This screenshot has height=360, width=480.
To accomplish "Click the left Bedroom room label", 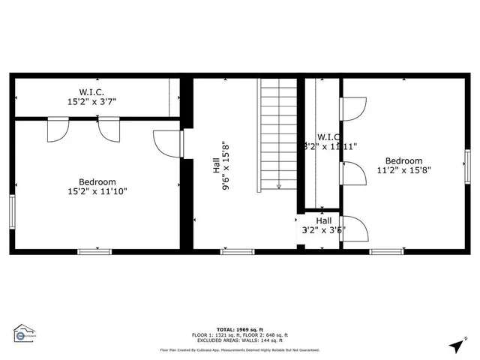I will pos(97,181).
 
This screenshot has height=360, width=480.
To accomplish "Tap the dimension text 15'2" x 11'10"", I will pos(97,191).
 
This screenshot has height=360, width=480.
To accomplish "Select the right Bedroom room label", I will pos(403,160).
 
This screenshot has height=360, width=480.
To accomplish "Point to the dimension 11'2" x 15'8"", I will pos(403,170).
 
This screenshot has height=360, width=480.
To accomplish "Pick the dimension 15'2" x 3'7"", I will pos(92,101).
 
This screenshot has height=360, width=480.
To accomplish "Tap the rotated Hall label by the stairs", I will pos(216,168).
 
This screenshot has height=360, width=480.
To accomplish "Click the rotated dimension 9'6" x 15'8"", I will pos(224,168).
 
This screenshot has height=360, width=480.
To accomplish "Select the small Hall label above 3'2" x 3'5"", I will pos(324,220).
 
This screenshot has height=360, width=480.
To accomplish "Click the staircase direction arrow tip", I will pos(278,187).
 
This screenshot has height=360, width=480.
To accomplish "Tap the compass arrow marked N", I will pos(456,346).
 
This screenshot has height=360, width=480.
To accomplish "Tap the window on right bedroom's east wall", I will pos(467,166).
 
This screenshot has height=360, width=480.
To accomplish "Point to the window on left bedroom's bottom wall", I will pos(94,251).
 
